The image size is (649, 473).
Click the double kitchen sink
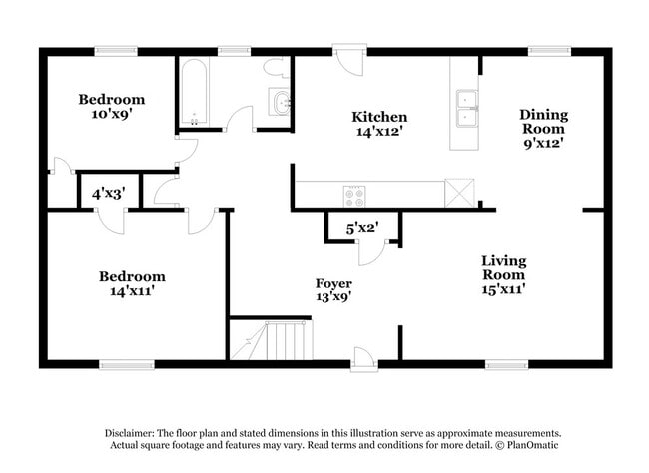tap(465, 108)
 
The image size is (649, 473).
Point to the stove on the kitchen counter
tap(353, 195)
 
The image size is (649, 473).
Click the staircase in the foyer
tap(272, 340)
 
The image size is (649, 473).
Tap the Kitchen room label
tap(378, 117)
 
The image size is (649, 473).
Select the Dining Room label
tap(542, 121)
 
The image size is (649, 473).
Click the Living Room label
tap(504, 267)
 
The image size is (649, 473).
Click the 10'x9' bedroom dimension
tap(112, 114)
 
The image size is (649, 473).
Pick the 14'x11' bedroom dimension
tap(131, 291)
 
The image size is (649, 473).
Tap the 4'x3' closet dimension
tap(108, 193)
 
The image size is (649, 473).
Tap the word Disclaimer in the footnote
tap(136, 432)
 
